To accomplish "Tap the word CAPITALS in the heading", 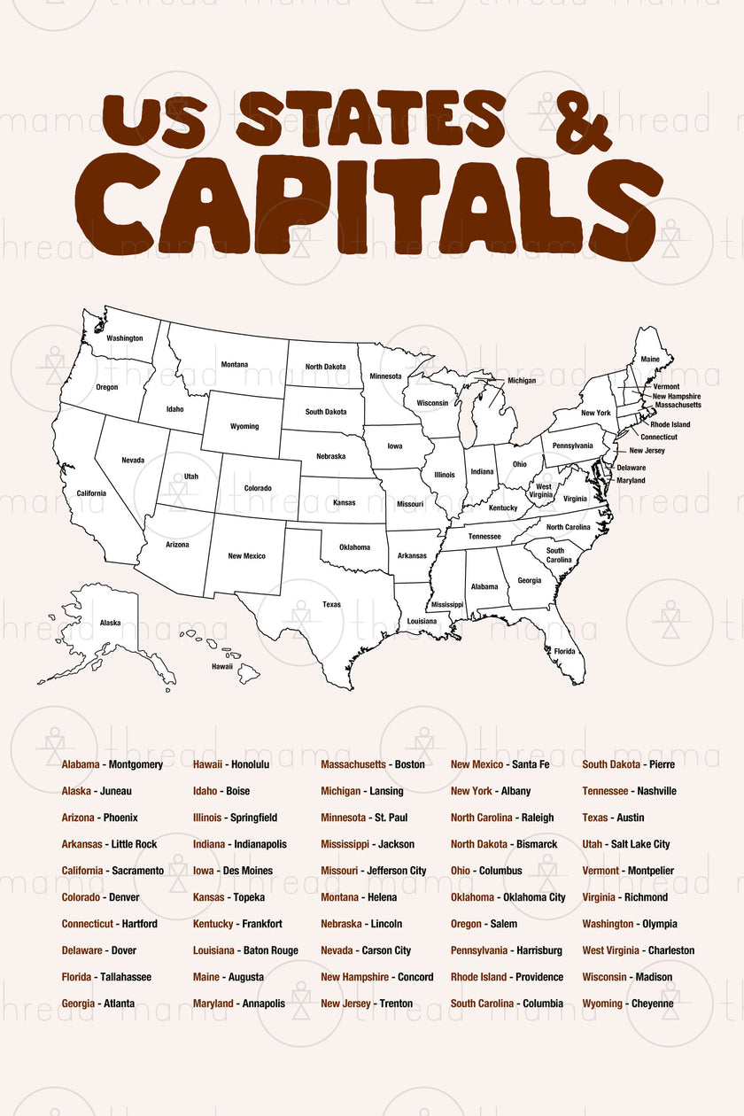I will click(x=381, y=209).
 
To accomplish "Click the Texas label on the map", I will click(x=331, y=605).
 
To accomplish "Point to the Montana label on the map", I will click(x=235, y=364).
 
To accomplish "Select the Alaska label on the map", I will click(x=110, y=623).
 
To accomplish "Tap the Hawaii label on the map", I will click(x=221, y=666).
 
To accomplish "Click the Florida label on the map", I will click(x=564, y=651).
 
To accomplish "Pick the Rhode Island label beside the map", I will click(x=670, y=424).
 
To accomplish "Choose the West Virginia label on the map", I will click(x=543, y=491).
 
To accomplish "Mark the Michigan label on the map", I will click(x=522, y=381).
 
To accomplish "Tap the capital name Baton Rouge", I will click(x=271, y=950).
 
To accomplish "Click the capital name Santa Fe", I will click(x=531, y=764).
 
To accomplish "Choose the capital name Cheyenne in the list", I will click(x=652, y=1004).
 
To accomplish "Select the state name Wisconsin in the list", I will click(x=605, y=977).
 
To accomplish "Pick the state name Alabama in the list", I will click(x=81, y=764).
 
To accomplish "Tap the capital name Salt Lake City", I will click(x=640, y=844).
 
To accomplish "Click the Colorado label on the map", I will click(x=258, y=488).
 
